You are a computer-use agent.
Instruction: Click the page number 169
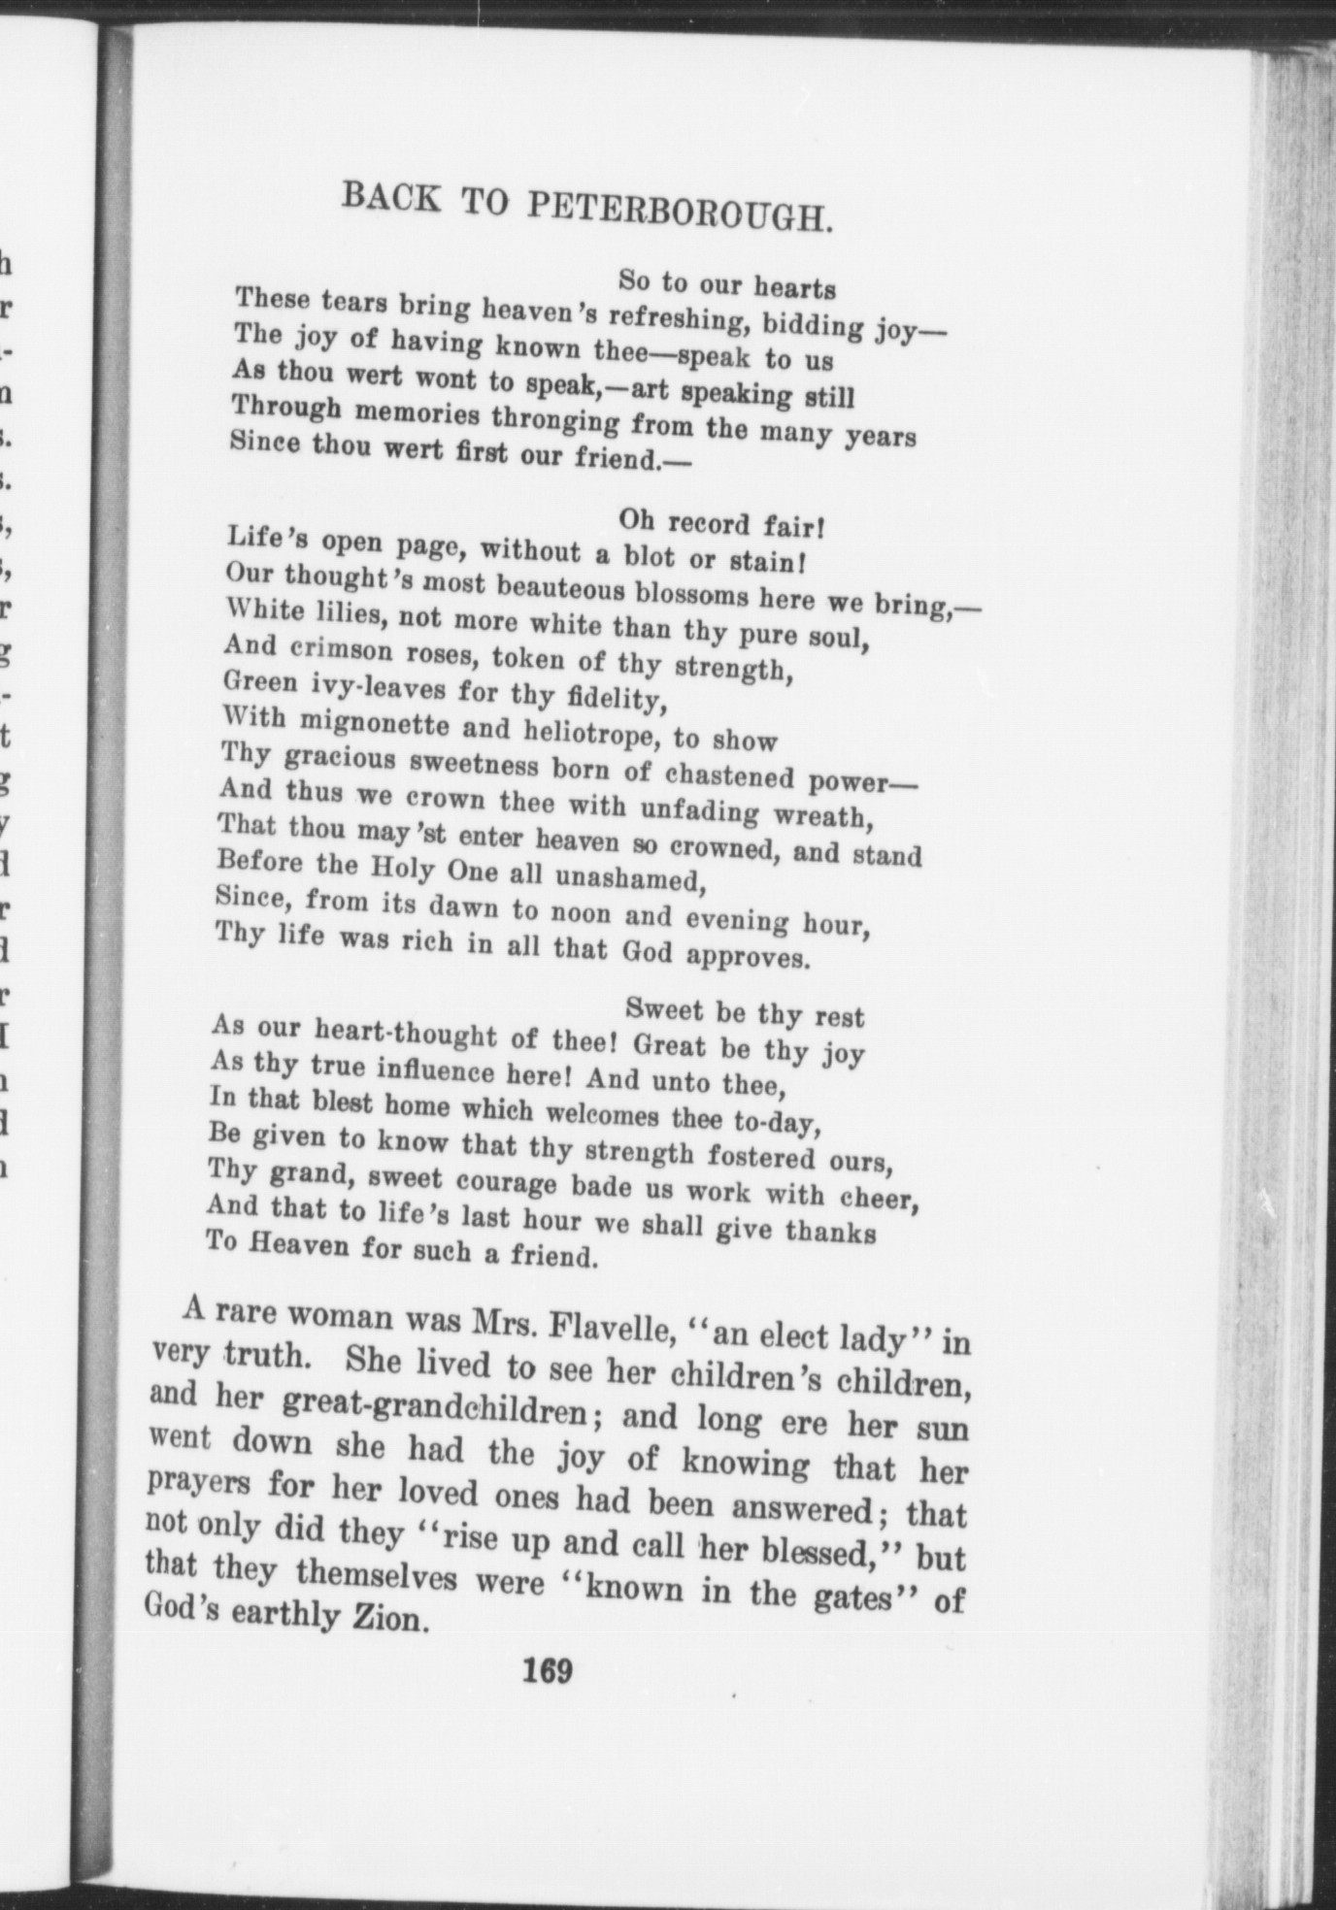click(549, 1670)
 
